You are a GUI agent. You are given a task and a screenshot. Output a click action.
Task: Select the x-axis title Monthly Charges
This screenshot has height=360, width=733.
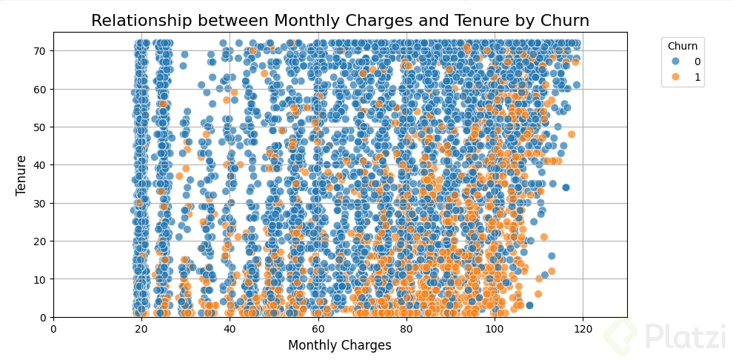point(340,345)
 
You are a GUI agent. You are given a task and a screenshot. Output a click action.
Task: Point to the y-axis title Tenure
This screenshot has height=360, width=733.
point(21,175)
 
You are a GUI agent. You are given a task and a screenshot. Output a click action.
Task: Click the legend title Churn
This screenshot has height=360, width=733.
point(682,46)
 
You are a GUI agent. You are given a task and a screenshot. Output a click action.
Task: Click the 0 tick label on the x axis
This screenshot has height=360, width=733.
point(53,329)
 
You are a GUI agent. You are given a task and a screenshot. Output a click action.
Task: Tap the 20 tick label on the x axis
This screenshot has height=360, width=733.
point(141,329)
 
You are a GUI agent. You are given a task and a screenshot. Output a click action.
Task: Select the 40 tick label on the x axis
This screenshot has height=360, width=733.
point(230,329)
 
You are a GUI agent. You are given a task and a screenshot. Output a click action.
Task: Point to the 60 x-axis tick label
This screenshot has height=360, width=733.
point(318,329)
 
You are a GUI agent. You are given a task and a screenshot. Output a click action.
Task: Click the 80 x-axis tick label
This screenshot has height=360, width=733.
point(406,329)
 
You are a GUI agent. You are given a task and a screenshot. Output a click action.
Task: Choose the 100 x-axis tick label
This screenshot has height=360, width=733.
point(494,329)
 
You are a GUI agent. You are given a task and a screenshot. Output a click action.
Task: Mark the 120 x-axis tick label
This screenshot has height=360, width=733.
point(582,329)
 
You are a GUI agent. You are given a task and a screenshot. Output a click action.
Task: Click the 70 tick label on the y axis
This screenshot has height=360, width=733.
point(39,50)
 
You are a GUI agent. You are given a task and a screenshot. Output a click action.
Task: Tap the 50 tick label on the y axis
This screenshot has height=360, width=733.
point(39,127)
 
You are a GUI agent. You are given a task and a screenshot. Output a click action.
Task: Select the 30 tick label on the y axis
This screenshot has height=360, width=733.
point(39,203)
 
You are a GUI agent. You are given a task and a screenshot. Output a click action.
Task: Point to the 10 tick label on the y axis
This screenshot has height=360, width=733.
point(39,279)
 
